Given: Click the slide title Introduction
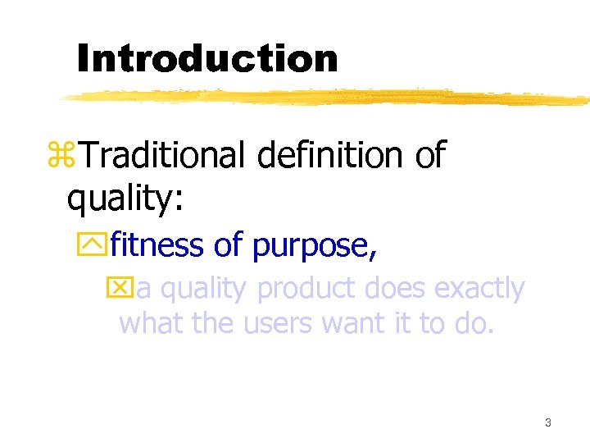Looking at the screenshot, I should click(x=206, y=58).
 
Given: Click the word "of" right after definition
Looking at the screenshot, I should click(x=430, y=154).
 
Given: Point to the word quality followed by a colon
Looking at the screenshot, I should click(x=124, y=198).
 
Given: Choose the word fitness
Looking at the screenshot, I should click(x=157, y=245).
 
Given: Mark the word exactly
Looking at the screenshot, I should click(x=479, y=290).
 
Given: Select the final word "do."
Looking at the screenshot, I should click(x=474, y=324).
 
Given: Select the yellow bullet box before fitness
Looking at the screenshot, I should click(x=98, y=245).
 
